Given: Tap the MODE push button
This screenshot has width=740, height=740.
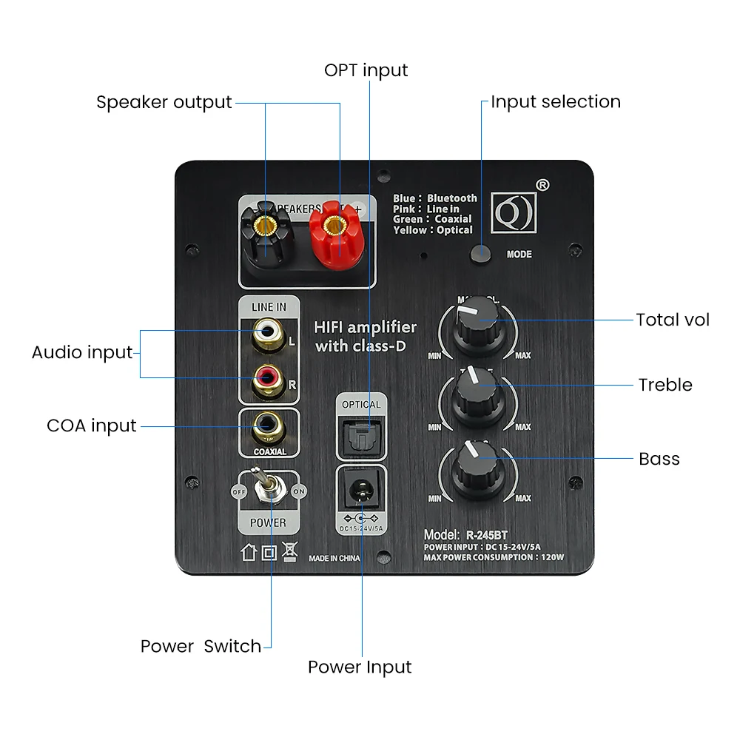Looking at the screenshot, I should (x=481, y=253).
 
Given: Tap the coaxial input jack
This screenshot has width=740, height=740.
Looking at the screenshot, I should (x=265, y=425).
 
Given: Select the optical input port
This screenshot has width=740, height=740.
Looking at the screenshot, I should (x=361, y=434).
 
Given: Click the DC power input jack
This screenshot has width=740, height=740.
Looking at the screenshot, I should (x=361, y=489).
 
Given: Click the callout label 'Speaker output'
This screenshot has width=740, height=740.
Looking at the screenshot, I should (x=164, y=102).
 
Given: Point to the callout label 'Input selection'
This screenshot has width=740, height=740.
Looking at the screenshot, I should (x=556, y=102).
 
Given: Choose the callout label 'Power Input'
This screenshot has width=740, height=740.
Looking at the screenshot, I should (x=360, y=667).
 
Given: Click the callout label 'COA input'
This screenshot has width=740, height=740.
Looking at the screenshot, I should (x=92, y=426).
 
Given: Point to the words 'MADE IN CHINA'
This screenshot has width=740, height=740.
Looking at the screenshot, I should (x=334, y=558).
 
